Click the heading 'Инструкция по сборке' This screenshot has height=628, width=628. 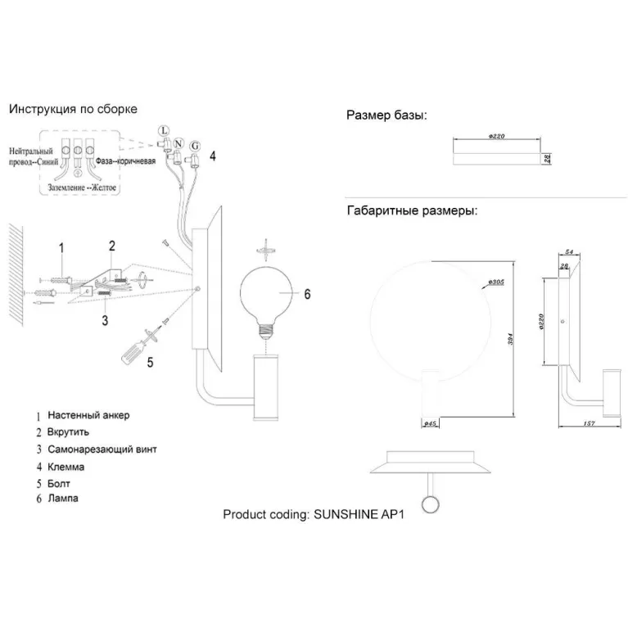coord(73,109)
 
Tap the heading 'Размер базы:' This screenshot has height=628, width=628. coord(386,115)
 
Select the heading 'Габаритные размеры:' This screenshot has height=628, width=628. coord(412,210)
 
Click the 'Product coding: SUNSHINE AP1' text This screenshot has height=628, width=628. coord(314,515)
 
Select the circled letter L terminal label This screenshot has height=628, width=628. coord(163,130)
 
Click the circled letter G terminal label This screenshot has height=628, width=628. coord(195,147)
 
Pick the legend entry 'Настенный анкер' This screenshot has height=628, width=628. coord(88,415)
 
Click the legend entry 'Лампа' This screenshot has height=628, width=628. coord(63,498)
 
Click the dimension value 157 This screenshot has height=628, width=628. coord(590,423)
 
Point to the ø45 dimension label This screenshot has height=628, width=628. coord(427,423)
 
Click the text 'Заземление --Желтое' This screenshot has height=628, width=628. coord(78,187)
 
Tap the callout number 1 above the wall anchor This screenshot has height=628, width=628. coord(61,247)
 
